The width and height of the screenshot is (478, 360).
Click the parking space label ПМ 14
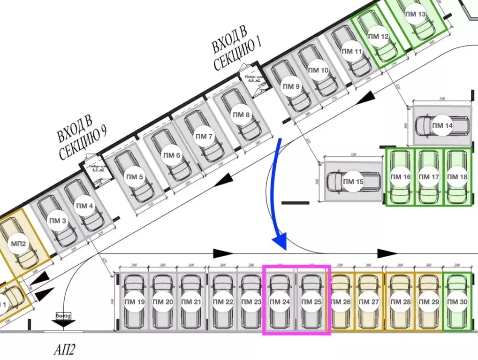(442, 126)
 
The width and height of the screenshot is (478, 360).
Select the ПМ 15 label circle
(353, 182)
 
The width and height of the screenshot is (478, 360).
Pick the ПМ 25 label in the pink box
(311, 302)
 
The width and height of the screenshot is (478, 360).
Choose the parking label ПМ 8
(242, 115)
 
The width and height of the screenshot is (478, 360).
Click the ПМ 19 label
(134, 302)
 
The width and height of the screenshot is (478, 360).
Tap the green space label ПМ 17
(429, 177)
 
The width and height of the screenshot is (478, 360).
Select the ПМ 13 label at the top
(415, 15)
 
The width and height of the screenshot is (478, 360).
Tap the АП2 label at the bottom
(65, 349)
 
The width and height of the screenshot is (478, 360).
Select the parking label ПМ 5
(135, 177)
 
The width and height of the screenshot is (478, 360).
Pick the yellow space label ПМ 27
(369, 302)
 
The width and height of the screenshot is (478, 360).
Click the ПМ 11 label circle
(352, 52)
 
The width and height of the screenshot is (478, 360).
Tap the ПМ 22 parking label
(223, 302)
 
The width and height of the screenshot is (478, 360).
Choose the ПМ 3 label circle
(58, 221)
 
